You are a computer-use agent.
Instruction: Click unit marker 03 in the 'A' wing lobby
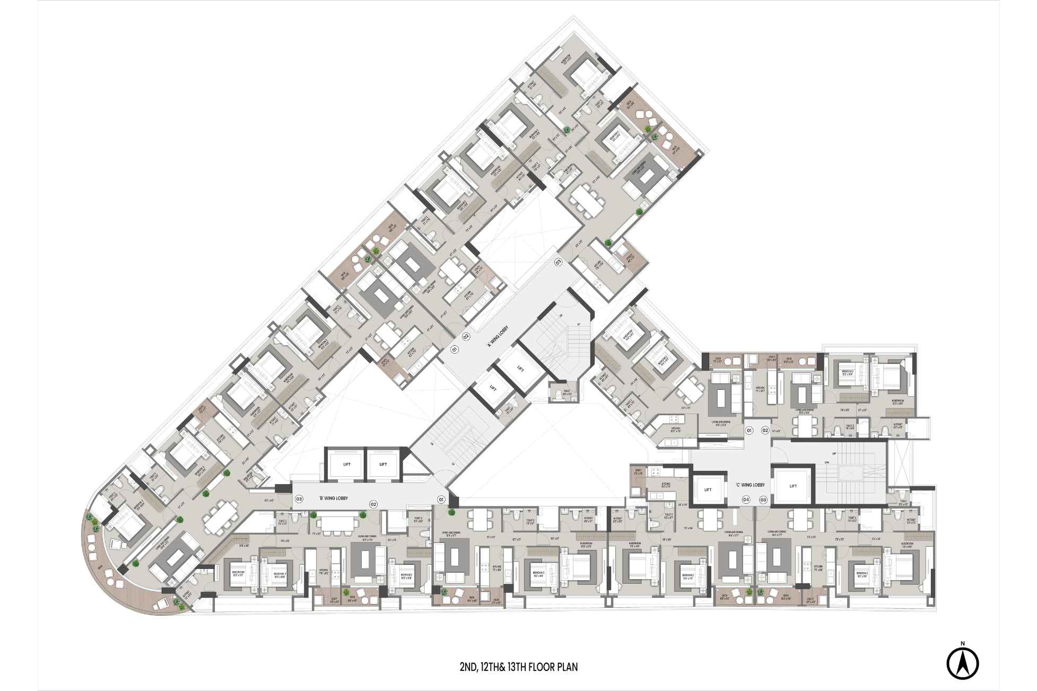point(558,262)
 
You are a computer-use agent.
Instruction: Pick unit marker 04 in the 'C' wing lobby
point(746,500)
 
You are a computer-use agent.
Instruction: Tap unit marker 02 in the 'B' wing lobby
point(373,504)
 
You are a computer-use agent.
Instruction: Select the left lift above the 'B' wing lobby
point(346,465)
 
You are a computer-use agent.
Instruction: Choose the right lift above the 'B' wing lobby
point(383,465)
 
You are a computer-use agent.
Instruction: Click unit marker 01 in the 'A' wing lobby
point(454,349)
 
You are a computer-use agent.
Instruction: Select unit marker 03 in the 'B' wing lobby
point(299,499)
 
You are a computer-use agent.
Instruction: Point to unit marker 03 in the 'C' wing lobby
point(763,500)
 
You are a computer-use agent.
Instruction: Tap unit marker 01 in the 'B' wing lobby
point(440,499)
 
